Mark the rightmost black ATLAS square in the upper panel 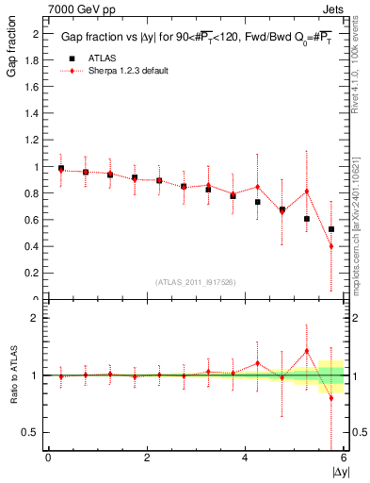(x=331, y=229)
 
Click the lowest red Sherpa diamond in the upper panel (x=331, y=246)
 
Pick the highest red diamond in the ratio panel (x=307, y=351)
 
